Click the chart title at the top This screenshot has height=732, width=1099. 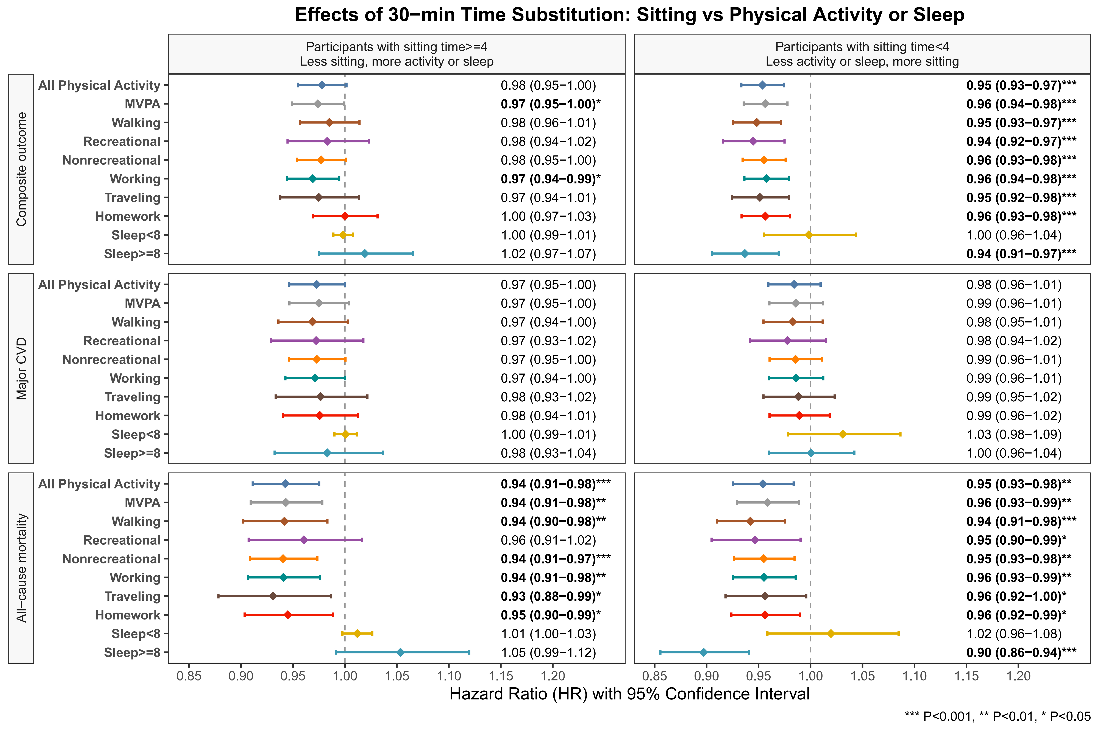(x=629, y=15)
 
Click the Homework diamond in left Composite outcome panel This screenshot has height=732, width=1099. (x=345, y=216)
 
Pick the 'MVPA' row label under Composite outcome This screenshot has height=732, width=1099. (x=142, y=104)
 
